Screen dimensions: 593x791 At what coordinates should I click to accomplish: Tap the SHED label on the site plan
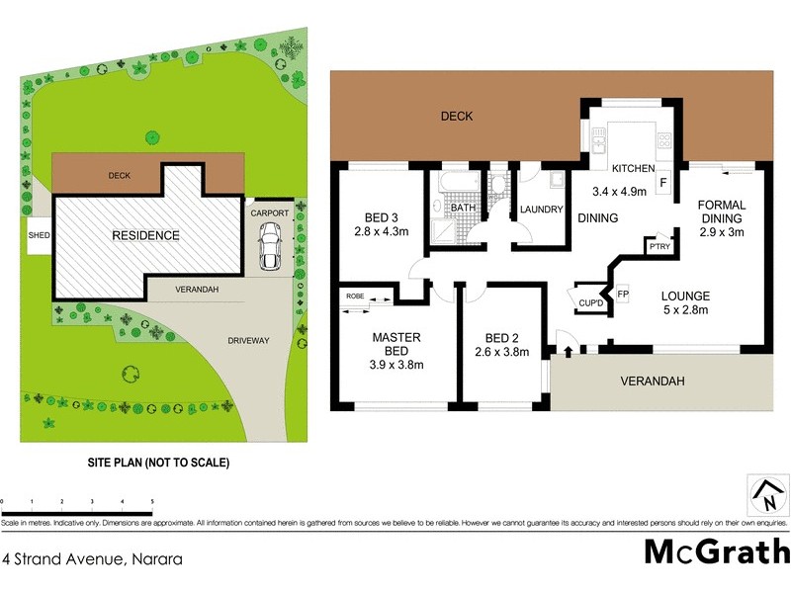(39, 235)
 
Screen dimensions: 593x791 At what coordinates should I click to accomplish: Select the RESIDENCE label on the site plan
(145, 235)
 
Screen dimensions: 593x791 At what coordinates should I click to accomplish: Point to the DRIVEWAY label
(248, 341)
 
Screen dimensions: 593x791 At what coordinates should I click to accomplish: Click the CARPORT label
(269, 212)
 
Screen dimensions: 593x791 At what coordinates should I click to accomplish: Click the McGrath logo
(717, 551)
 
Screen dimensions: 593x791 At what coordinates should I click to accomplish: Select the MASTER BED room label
(396, 344)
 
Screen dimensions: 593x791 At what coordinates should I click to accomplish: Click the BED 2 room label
(496, 338)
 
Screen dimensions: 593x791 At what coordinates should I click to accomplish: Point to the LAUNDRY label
(541, 210)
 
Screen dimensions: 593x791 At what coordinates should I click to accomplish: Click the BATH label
(463, 210)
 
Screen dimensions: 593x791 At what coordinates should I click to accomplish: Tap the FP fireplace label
(623, 295)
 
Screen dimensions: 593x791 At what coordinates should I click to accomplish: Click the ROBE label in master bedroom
(355, 296)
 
